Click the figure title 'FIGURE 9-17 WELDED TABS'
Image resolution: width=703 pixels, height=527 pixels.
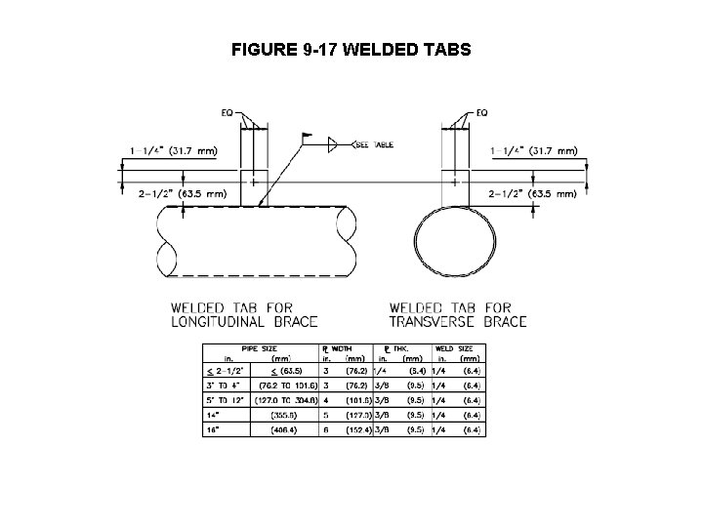click(x=351, y=48)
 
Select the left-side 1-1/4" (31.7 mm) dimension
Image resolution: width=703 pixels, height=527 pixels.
click(x=173, y=151)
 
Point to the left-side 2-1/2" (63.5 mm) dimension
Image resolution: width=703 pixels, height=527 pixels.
click(x=173, y=194)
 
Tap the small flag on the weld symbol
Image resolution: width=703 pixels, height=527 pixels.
click(x=308, y=138)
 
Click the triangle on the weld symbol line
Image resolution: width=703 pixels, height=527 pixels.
click(x=333, y=145)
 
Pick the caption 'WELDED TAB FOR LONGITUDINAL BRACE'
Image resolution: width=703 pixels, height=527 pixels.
click(x=244, y=314)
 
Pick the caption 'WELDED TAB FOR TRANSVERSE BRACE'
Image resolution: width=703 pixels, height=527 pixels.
click(x=458, y=314)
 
